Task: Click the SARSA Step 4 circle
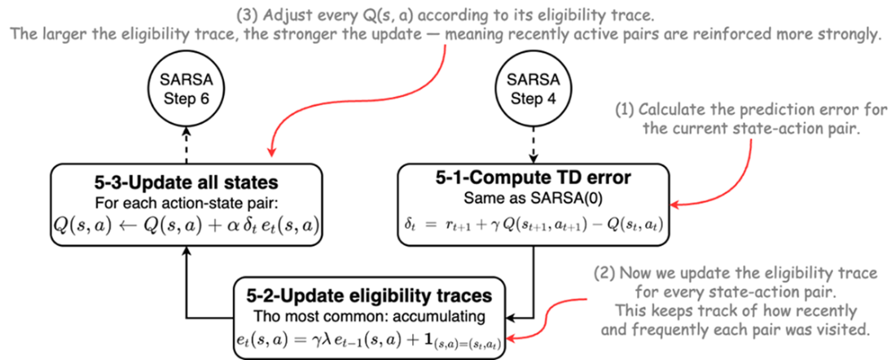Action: point(534,91)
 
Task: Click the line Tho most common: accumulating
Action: point(371,315)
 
